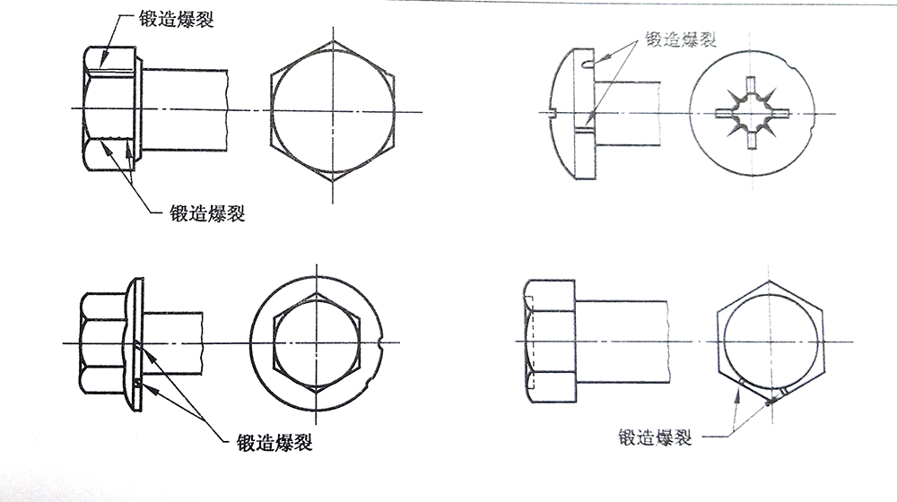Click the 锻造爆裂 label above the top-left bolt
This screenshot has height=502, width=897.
pos(176,20)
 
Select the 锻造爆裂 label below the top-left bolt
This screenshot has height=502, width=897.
pos(207,213)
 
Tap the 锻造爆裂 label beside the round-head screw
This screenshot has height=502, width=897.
pos(679,39)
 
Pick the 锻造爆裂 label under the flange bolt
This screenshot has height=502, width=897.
pos(274,442)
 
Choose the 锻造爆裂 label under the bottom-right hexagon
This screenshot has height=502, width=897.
pos(654,437)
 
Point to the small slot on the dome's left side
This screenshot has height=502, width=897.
pos(554,114)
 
